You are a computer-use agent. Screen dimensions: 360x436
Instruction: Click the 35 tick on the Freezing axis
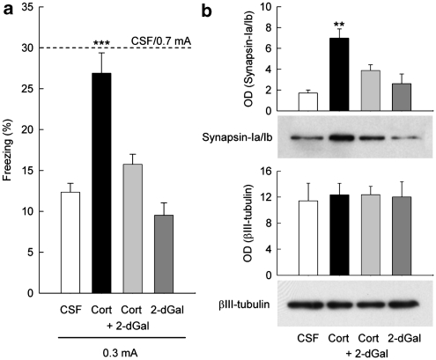pyautogui.click(x=38, y=8)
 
